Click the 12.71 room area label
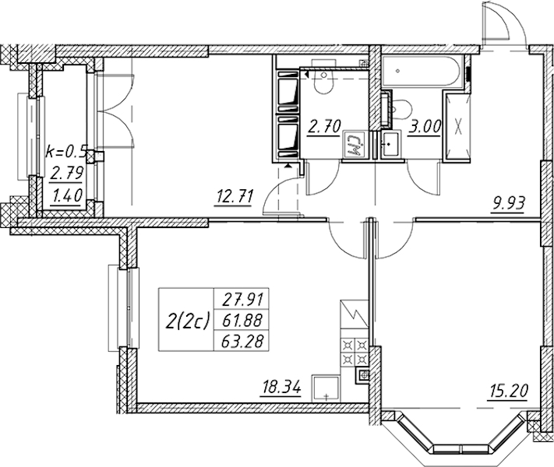(235, 196)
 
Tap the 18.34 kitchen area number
(281, 388)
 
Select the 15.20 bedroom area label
(507, 391)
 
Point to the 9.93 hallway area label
(508, 203)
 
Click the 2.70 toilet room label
(323, 126)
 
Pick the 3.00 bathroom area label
(425, 126)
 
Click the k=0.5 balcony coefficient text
(66, 152)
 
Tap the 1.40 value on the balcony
(66, 195)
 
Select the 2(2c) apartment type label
(188, 321)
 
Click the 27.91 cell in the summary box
(242, 300)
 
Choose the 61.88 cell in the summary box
(242, 321)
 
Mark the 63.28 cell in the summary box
(242, 341)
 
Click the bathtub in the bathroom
(422, 71)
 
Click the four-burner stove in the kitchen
(355, 352)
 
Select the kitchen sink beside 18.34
(326, 388)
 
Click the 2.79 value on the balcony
(66, 174)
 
